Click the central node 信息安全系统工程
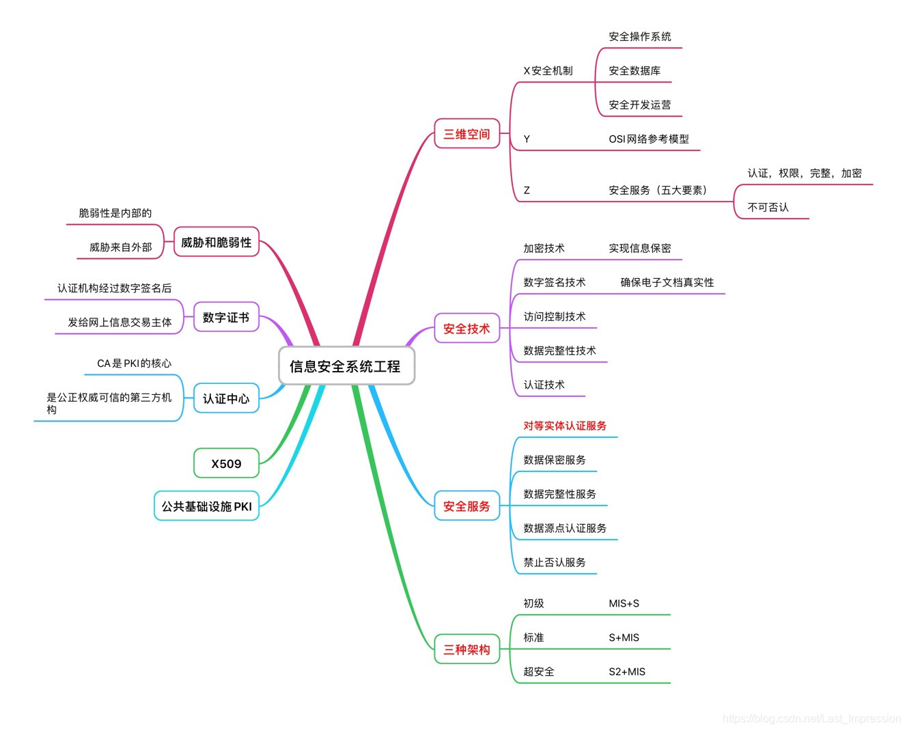click(346, 366)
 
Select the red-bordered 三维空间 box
click(466, 134)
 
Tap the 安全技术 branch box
click(466, 329)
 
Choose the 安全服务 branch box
click(466, 506)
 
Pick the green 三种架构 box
click(466, 650)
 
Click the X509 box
click(226, 464)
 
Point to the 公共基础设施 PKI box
click(206, 506)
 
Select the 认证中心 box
click(226, 398)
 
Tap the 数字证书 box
click(226, 318)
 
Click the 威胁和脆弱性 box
click(216, 243)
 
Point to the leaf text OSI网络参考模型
click(648, 139)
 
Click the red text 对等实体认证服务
click(565, 426)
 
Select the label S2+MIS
click(626, 672)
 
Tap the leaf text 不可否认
click(768, 208)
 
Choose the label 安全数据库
click(634, 71)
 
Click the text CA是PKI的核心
click(134, 363)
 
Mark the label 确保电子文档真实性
click(667, 283)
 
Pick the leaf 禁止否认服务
click(555, 562)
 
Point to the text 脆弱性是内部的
click(115, 213)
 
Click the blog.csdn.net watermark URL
click(811, 718)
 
